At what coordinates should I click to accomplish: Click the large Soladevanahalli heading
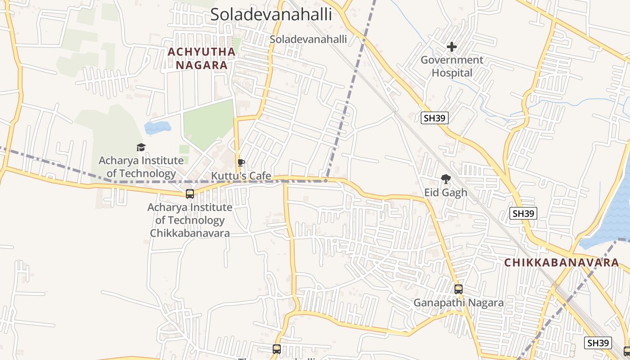click(x=271, y=14)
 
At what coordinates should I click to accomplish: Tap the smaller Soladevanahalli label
click(x=308, y=39)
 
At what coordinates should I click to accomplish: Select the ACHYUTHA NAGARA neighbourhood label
click(x=202, y=58)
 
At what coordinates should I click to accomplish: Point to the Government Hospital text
click(x=452, y=66)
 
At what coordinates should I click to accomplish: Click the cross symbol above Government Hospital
click(x=452, y=47)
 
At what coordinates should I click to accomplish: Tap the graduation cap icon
click(x=141, y=147)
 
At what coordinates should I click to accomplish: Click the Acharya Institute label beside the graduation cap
click(x=141, y=167)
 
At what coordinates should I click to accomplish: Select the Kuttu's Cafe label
click(x=241, y=175)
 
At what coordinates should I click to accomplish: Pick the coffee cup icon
click(x=241, y=162)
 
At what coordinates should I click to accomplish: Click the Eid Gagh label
click(x=445, y=193)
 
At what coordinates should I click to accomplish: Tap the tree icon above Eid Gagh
click(x=446, y=179)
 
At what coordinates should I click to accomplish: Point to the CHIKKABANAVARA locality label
click(x=561, y=263)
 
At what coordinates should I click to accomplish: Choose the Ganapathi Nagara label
click(x=459, y=302)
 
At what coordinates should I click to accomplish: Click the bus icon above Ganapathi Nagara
click(x=459, y=289)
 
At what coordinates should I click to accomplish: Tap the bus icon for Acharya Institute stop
click(x=190, y=194)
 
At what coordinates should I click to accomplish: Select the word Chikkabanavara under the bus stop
click(x=189, y=233)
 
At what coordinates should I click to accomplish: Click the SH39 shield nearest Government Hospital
click(x=435, y=118)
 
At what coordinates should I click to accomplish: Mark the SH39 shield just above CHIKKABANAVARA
click(x=523, y=213)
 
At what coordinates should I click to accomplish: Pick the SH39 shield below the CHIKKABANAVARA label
click(x=598, y=343)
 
